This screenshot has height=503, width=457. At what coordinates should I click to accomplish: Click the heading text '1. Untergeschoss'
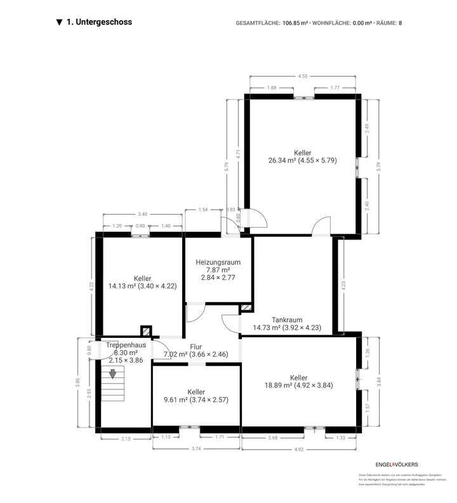(99, 22)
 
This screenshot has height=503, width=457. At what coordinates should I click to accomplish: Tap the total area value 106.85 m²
(295, 23)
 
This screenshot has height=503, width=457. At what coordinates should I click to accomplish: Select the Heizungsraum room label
(218, 261)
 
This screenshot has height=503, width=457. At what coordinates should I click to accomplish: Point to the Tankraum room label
(286, 320)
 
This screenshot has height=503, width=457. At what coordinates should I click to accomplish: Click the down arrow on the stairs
(113, 374)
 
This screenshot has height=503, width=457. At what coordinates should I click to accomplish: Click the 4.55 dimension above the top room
(303, 76)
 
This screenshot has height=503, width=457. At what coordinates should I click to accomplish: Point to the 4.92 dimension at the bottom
(298, 449)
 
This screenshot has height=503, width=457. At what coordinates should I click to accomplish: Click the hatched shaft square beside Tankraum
(246, 309)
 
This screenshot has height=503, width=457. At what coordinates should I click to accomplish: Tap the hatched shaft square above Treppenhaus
(146, 331)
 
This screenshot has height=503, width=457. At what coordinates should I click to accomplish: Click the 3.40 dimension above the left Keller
(143, 215)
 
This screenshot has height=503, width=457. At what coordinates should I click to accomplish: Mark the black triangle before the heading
(59, 23)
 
